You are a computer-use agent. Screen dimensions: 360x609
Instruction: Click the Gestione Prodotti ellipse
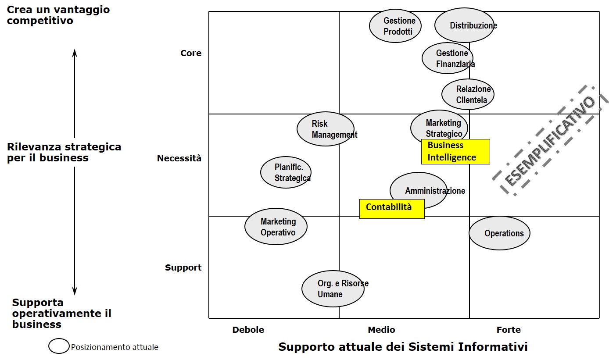point(395,26)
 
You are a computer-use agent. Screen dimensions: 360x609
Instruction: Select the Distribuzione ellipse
point(465,25)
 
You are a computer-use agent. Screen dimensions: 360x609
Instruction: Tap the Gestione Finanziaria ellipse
point(448,58)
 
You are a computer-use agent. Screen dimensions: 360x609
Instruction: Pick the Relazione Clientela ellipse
point(468,94)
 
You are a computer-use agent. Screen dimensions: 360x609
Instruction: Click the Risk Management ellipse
point(325,129)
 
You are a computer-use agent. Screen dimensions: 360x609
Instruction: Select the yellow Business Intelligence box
point(455,152)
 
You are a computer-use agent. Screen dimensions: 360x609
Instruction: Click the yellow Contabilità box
point(391,208)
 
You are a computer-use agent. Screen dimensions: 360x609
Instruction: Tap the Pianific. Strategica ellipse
point(286,172)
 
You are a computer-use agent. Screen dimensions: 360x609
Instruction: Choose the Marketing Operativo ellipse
point(276,227)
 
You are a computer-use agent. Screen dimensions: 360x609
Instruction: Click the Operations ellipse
point(499,233)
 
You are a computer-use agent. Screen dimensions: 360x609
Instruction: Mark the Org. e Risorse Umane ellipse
point(333,289)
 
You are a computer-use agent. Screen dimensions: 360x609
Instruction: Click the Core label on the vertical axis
point(191,53)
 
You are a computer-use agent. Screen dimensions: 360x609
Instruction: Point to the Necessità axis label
point(179,158)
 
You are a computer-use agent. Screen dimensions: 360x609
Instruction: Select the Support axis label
point(183,267)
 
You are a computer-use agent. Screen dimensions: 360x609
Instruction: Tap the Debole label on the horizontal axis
point(248,330)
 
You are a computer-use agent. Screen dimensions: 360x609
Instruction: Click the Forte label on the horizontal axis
point(509,330)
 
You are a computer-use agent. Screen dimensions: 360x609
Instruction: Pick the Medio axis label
point(381,330)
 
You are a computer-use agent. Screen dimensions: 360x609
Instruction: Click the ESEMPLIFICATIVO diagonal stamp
point(550,140)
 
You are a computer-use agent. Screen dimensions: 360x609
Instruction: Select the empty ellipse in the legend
point(59,346)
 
